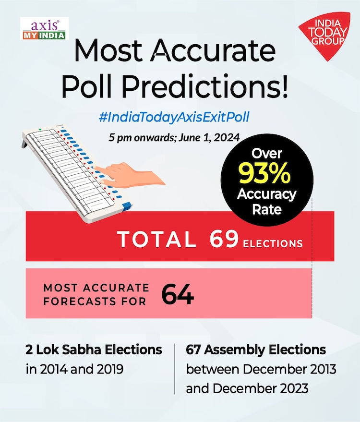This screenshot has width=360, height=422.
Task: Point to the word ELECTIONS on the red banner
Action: tap(273, 243)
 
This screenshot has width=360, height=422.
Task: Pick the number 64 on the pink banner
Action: tap(178, 295)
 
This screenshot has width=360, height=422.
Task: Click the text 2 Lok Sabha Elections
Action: tap(94, 350)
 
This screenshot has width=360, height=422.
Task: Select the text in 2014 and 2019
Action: tap(76, 370)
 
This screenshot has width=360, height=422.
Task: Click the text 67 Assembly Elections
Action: tap(256, 350)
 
